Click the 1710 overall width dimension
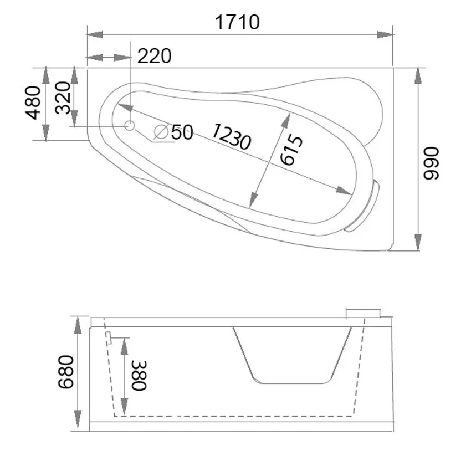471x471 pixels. tap(237, 22)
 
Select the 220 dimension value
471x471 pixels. tap(155, 56)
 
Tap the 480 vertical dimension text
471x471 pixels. tap(33, 103)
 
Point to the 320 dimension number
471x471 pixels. tap(63, 98)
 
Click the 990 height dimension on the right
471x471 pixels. tap(431, 163)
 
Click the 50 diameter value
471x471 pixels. tap(182, 132)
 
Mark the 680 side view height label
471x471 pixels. tap(65, 372)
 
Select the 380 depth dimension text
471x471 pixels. tap(139, 375)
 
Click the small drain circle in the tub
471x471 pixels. tap(130, 126)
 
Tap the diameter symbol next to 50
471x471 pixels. tap(161, 132)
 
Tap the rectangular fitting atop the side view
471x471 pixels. tap(363, 313)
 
